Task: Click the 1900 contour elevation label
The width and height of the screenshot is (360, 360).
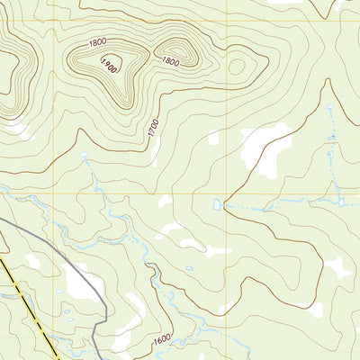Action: (110, 65)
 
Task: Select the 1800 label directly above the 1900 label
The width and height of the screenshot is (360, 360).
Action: (97, 42)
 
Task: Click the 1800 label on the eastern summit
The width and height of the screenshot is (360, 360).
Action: (170, 61)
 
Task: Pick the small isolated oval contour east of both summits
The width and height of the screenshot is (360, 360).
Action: (238, 66)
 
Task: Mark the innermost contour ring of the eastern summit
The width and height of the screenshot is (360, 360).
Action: (172, 45)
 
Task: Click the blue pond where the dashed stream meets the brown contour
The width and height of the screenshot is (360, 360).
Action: (217, 204)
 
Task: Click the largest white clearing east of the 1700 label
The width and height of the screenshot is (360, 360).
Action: (268, 144)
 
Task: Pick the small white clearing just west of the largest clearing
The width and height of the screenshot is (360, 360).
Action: (213, 138)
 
